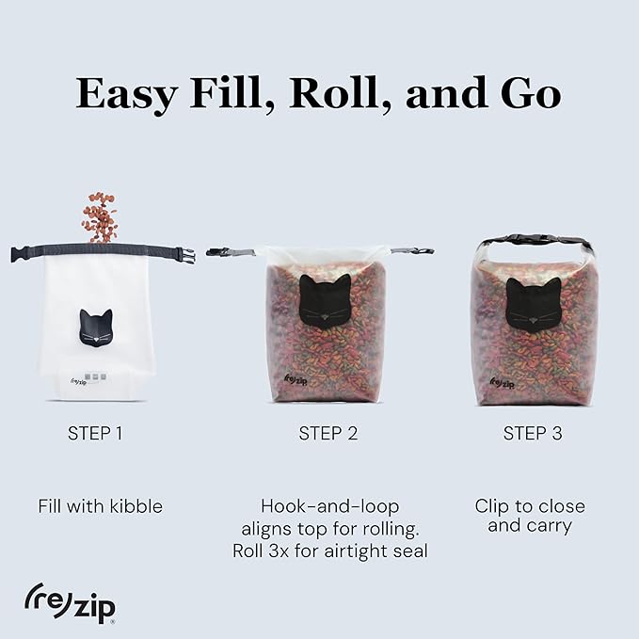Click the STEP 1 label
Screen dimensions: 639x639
click(x=95, y=434)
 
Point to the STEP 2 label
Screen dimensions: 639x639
click(x=327, y=434)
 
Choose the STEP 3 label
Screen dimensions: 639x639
click(x=533, y=434)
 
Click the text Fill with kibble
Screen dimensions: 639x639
click(x=101, y=506)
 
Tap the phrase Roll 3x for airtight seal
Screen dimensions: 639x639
click(x=329, y=551)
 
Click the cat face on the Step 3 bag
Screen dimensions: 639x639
click(x=534, y=303)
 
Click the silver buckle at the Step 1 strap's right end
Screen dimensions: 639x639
click(x=184, y=255)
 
